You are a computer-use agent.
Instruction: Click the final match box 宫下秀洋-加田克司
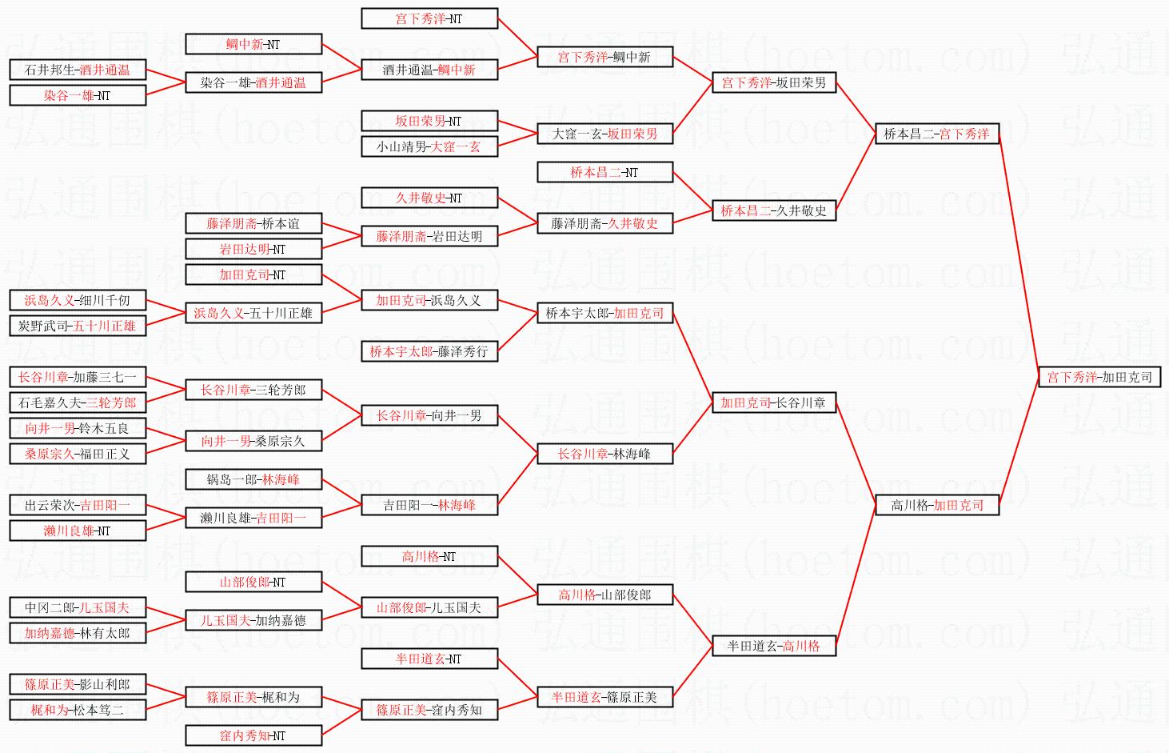pyautogui.click(x=1099, y=377)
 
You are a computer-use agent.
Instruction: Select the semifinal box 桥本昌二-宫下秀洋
pyautogui.click(x=936, y=134)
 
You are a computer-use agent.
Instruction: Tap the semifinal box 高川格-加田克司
pyautogui.click(x=936, y=505)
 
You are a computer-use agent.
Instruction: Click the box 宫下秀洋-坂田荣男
pyautogui.click(x=773, y=82)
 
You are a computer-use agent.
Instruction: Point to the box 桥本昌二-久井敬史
pyautogui.click(x=773, y=210)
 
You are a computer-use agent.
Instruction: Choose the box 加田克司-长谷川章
pyautogui.click(x=773, y=403)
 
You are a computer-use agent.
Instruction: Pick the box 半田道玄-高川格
pyautogui.click(x=773, y=646)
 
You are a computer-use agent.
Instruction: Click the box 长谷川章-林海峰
pyautogui.click(x=604, y=454)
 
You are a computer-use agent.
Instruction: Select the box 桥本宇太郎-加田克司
pyautogui.click(x=604, y=313)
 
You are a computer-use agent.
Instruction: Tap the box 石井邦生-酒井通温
pyautogui.click(x=78, y=70)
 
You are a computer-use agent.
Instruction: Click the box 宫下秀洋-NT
pyautogui.click(x=429, y=18)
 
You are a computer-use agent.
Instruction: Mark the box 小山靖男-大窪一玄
pyautogui.click(x=429, y=146)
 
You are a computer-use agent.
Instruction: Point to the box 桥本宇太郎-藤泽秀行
pyautogui.click(x=429, y=351)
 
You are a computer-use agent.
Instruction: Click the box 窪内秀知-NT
pyautogui.click(x=253, y=735)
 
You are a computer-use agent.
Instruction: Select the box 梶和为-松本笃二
pyautogui.click(x=78, y=710)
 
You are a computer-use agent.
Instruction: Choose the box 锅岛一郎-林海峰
pyautogui.click(x=253, y=479)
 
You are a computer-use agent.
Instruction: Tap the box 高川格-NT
pyautogui.click(x=429, y=556)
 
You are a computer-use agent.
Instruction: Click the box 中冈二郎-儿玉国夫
pyautogui.click(x=78, y=607)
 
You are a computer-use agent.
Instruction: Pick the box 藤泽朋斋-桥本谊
pyautogui.click(x=253, y=223)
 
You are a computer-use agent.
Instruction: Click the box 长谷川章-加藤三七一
pyautogui.click(x=78, y=377)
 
